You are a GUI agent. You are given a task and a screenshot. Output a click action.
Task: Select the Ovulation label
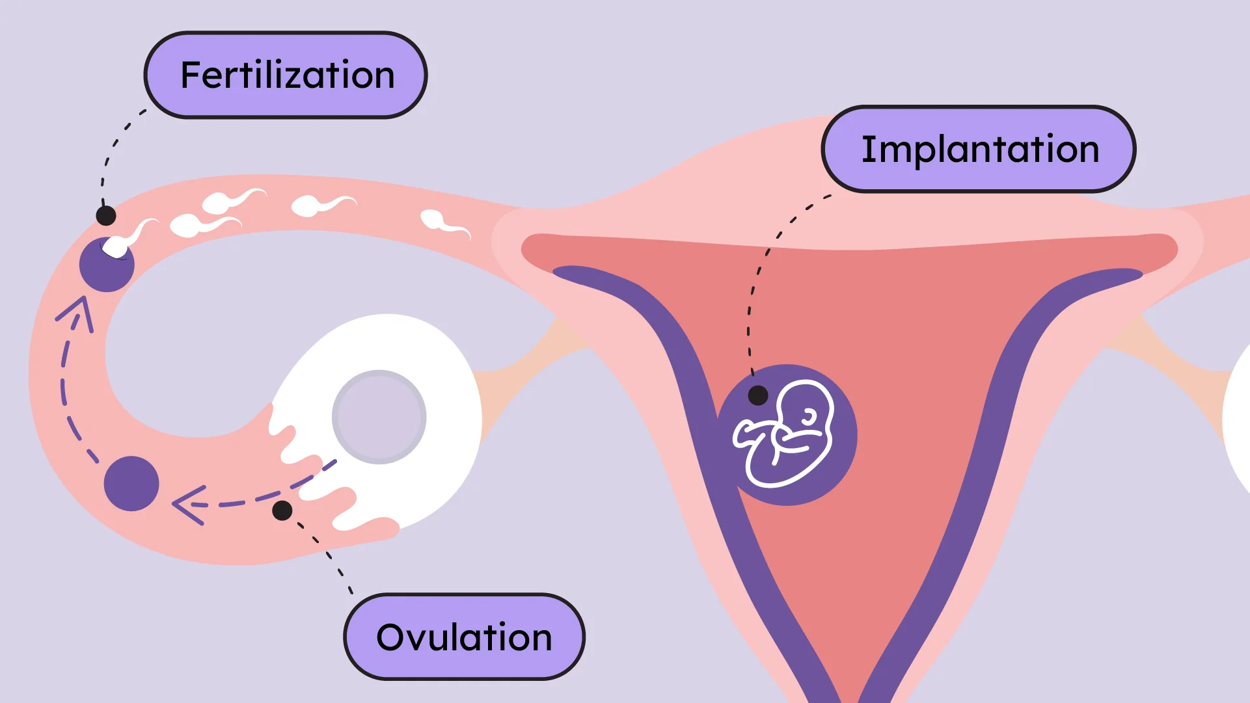(463, 637)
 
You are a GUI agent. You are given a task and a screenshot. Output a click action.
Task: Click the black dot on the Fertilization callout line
(106, 215)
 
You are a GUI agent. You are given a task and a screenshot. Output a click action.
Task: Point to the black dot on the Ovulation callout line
(282, 511)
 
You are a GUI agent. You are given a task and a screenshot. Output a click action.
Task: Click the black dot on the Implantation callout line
(758, 395)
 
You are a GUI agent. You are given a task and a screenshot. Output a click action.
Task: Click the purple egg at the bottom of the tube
(131, 484)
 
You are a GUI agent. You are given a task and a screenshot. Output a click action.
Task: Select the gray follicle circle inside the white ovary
(379, 417)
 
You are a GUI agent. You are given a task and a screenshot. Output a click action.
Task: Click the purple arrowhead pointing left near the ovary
(187, 505)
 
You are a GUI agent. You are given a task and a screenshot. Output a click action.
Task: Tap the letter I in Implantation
(867, 149)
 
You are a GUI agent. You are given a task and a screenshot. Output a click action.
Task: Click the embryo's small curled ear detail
(809, 417)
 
